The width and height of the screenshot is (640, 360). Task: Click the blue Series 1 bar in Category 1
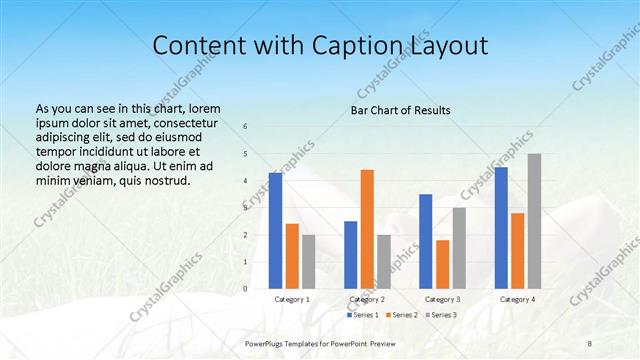coord(275,231)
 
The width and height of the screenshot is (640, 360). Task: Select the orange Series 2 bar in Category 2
coord(367,229)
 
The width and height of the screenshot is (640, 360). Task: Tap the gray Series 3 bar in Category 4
coord(534,221)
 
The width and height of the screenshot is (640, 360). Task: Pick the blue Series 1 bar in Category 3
coord(425,241)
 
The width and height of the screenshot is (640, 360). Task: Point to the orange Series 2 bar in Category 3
coord(442,264)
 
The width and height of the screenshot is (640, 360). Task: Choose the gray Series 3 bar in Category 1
coord(308,262)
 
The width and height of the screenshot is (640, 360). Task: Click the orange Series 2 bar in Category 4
coord(517,251)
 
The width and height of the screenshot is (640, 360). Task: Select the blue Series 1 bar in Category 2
coord(350,255)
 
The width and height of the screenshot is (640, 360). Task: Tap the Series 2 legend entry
coord(401,315)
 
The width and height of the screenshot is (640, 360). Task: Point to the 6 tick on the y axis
coord(246,127)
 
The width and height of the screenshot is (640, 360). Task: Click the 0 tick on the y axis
coord(246,289)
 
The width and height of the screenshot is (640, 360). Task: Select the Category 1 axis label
coord(292,299)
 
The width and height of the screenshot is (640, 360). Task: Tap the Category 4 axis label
coord(517,299)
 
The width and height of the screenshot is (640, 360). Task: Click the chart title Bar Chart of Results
coord(400,110)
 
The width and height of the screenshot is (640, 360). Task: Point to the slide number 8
coord(590,343)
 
